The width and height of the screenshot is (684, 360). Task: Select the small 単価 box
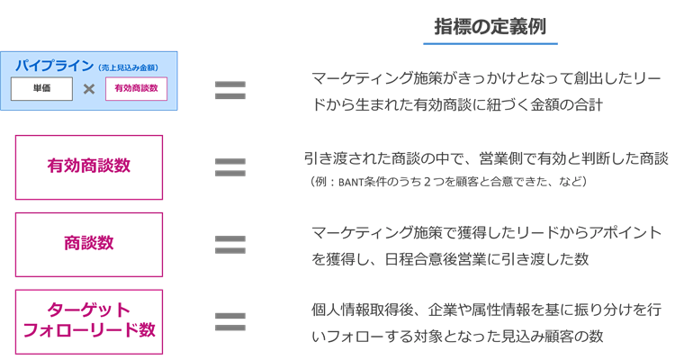(42, 89)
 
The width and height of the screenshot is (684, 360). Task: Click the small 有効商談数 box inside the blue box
(137, 89)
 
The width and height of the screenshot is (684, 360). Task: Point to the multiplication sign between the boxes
(89, 89)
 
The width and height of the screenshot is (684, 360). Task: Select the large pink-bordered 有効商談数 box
(89, 166)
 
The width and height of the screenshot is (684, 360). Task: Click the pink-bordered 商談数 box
(89, 244)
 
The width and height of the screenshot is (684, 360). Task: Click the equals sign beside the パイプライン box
(230, 89)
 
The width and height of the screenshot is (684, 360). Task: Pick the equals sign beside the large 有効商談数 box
(230, 166)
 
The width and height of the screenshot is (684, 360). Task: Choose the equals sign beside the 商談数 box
(230, 244)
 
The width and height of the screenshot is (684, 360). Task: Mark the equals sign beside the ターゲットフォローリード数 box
(230, 321)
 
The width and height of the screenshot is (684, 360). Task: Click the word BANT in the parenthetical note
(352, 182)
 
